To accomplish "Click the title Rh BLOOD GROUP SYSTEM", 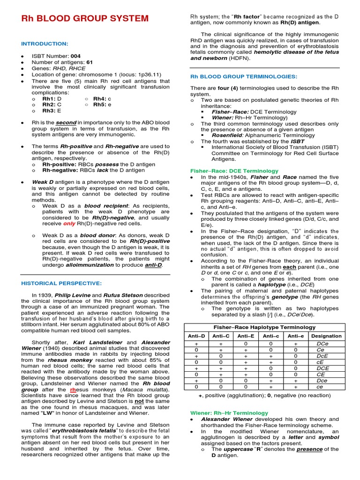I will click(85, 19).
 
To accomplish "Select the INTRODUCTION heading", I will click(45, 44).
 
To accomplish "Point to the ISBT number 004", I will click(76, 56).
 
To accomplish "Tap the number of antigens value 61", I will click(90, 62).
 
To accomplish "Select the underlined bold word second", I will click(67, 122).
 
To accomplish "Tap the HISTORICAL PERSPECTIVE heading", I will click(61, 283).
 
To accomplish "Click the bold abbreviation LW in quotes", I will click(47, 413).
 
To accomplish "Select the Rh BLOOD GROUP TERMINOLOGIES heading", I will click(243, 76).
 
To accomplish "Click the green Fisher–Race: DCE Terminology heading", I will click(234, 171).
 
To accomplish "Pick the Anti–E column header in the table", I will click(246, 336).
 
